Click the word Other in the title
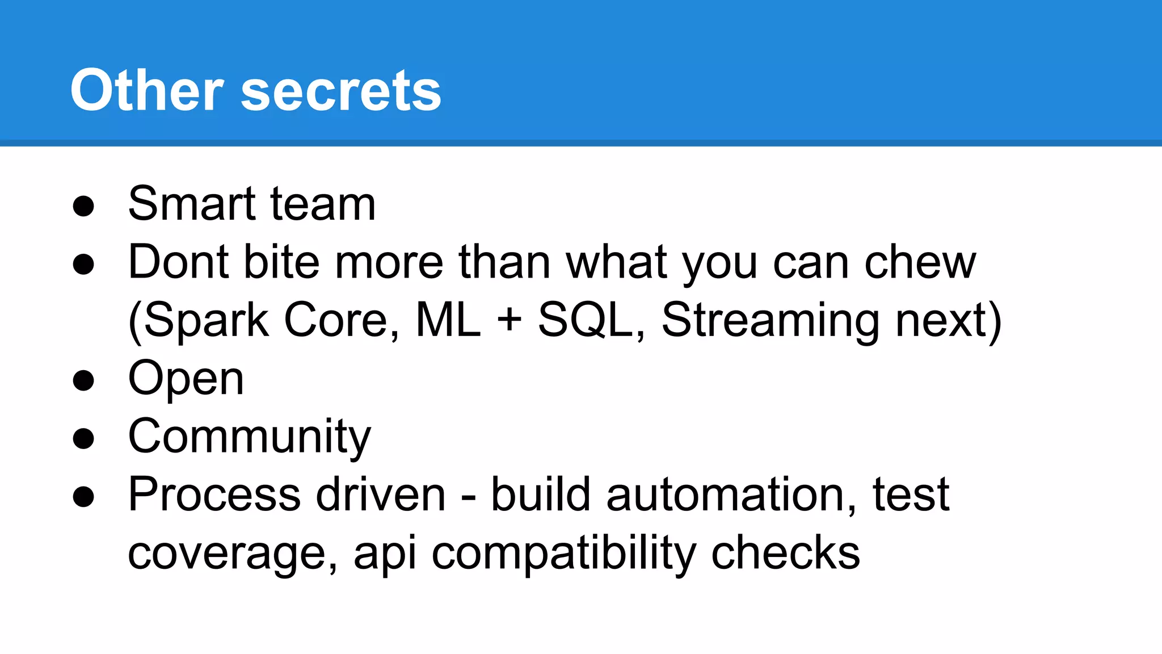coord(146,90)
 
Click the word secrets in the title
coord(340,92)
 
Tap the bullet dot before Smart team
coord(83,206)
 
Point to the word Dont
coord(178,262)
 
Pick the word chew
coord(920,262)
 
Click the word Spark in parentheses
coord(206,321)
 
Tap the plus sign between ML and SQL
coord(509,318)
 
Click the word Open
coord(186,379)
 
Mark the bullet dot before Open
coord(83,380)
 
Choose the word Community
coord(250,437)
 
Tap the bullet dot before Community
coord(83,439)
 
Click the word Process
coord(214,494)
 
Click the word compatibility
coord(563,554)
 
